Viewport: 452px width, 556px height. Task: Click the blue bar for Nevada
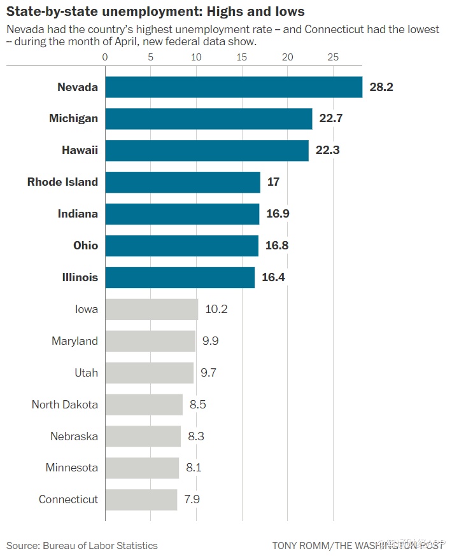pyautogui.click(x=233, y=87)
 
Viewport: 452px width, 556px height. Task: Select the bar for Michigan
pyautogui.click(x=208, y=119)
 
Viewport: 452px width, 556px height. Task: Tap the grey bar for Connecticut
pyautogui.click(x=141, y=499)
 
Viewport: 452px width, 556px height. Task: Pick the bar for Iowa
pyautogui.click(x=152, y=309)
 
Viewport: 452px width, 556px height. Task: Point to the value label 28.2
pyautogui.click(x=381, y=87)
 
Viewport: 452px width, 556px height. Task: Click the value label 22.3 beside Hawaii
pyautogui.click(x=327, y=151)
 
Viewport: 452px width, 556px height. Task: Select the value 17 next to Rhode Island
pyautogui.click(x=273, y=182)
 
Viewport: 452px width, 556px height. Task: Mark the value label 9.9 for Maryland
pyautogui.click(x=211, y=341)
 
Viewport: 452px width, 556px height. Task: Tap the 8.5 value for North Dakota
pyautogui.click(x=197, y=405)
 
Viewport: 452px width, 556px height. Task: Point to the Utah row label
pyautogui.click(x=86, y=373)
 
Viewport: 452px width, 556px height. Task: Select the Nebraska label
pyautogui.click(x=74, y=436)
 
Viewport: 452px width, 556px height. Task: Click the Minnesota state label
pyautogui.click(x=71, y=468)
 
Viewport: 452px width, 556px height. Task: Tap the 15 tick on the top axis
pyautogui.click(x=241, y=57)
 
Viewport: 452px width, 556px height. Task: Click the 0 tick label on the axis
pyautogui.click(x=105, y=57)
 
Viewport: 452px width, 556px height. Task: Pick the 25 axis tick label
pyautogui.click(x=332, y=57)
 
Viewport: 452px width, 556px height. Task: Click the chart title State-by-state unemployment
pyautogui.click(x=155, y=11)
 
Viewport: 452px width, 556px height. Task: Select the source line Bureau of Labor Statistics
pyautogui.click(x=82, y=545)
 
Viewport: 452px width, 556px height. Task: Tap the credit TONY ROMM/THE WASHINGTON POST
pyautogui.click(x=358, y=545)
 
